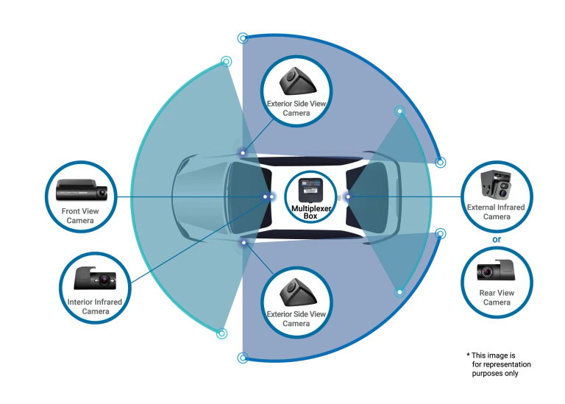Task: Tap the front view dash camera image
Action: tap(82, 193)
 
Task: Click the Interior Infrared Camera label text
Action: tap(94, 306)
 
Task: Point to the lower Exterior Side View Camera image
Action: tap(296, 291)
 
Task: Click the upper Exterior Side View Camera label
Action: tap(296, 109)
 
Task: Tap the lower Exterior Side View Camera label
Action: tap(296, 319)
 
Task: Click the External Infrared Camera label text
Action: tap(496, 212)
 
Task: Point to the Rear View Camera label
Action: tap(496, 297)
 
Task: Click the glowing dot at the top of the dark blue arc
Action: tap(244, 36)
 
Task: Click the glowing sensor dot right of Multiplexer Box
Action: tap(349, 196)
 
